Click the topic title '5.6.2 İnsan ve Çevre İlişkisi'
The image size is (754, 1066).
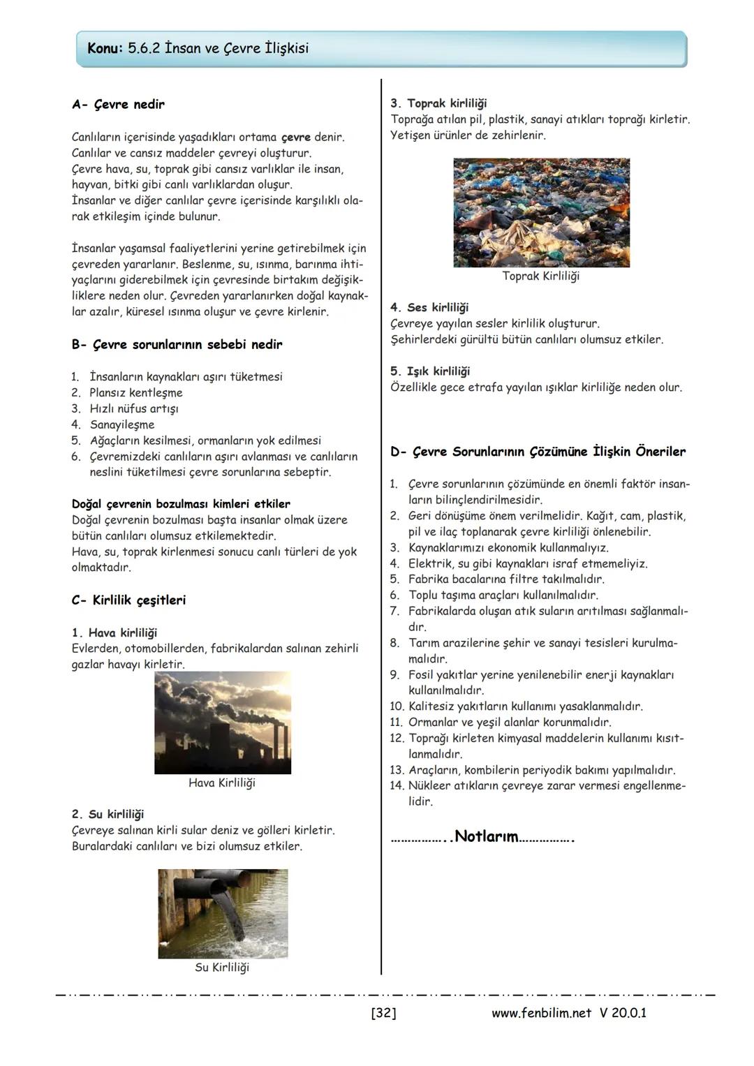[218, 49]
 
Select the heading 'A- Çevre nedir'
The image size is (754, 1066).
[118, 105]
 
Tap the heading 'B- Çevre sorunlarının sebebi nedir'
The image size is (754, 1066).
[177, 345]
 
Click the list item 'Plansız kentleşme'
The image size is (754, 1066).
[136, 393]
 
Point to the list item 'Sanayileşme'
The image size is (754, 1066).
[122, 425]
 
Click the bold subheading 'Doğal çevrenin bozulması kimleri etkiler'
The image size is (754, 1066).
[181, 504]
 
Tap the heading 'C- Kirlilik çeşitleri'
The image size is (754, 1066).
[128, 600]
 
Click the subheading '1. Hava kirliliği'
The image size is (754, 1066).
[114, 633]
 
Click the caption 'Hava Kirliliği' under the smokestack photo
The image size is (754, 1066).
[222, 783]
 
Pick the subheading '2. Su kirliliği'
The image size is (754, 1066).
[108, 815]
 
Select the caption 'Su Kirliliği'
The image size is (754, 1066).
[222, 968]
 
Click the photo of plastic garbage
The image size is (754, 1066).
[541, 212]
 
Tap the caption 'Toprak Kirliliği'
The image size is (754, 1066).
[541, 276]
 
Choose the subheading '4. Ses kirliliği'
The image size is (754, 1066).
[429, 308]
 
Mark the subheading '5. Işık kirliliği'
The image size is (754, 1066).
[430, 371]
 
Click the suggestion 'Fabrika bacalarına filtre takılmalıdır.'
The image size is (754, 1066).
[506, 579]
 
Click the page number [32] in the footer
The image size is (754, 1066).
[383, 1013]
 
